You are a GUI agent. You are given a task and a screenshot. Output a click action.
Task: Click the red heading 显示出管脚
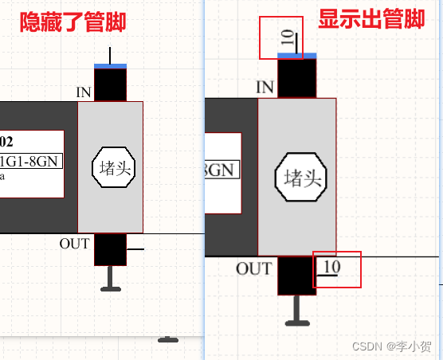pos(371,20)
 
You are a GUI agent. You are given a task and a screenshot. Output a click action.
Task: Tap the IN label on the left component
pos(84,92)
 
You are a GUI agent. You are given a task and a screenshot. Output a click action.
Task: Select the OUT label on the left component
pos(75,244)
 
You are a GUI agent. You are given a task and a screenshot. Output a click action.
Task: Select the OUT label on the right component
pos(253,269)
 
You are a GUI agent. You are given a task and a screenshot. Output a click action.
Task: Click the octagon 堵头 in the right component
pos(298,179)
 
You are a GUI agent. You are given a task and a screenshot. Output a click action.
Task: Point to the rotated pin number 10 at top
pos(287,37)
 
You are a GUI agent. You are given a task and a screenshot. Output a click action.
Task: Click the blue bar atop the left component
pos(110,66)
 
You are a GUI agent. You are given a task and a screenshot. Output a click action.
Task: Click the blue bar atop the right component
pos(296,55)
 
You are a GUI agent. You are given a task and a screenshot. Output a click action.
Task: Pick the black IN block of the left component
pos(110,85)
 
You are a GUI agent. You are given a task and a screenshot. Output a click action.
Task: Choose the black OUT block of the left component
pos(110,248)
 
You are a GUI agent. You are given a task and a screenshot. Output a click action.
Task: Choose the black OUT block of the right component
pos(296,276)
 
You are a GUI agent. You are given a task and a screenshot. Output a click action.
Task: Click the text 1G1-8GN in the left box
pos(31,162)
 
